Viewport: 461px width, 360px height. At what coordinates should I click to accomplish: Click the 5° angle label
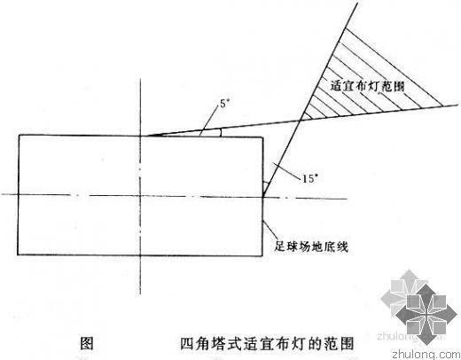click(x=224, y=104)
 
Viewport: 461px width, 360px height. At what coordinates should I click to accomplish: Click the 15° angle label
click(x=309, y=178)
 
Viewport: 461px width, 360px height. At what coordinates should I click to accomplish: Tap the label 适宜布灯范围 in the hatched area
click(x=367, y=86)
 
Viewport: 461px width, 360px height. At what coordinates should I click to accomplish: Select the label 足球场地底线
click(x=311, y=246)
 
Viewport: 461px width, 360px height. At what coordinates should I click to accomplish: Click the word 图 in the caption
click(x=87, y=343)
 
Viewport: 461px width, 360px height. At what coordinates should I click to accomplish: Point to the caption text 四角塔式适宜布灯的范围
click(x=267, y=343)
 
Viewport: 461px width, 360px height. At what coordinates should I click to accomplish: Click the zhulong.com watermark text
click(x=426, y=354)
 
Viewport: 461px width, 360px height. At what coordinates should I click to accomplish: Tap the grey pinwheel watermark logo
click(x=419, y=307)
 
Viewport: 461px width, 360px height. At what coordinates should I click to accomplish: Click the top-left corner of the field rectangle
click(x=20, y=135)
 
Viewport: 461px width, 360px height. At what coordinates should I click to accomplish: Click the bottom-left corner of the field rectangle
click(x=18, y=254)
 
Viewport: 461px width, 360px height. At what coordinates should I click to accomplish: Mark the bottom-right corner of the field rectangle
click(x=262, y=255)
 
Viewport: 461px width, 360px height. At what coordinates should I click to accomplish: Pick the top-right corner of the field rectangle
click(x=262, y=137)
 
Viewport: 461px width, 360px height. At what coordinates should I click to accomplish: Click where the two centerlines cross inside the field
click(x=141, y=195)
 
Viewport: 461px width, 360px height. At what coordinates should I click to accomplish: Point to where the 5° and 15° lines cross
click(x=301, y=120)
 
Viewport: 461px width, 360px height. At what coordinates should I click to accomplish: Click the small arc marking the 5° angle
click(x=220, y=132)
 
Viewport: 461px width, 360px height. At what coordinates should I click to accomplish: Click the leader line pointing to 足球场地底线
click(x=270, y=231)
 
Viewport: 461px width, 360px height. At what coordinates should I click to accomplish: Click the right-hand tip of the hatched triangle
click(x=442, y=106)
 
